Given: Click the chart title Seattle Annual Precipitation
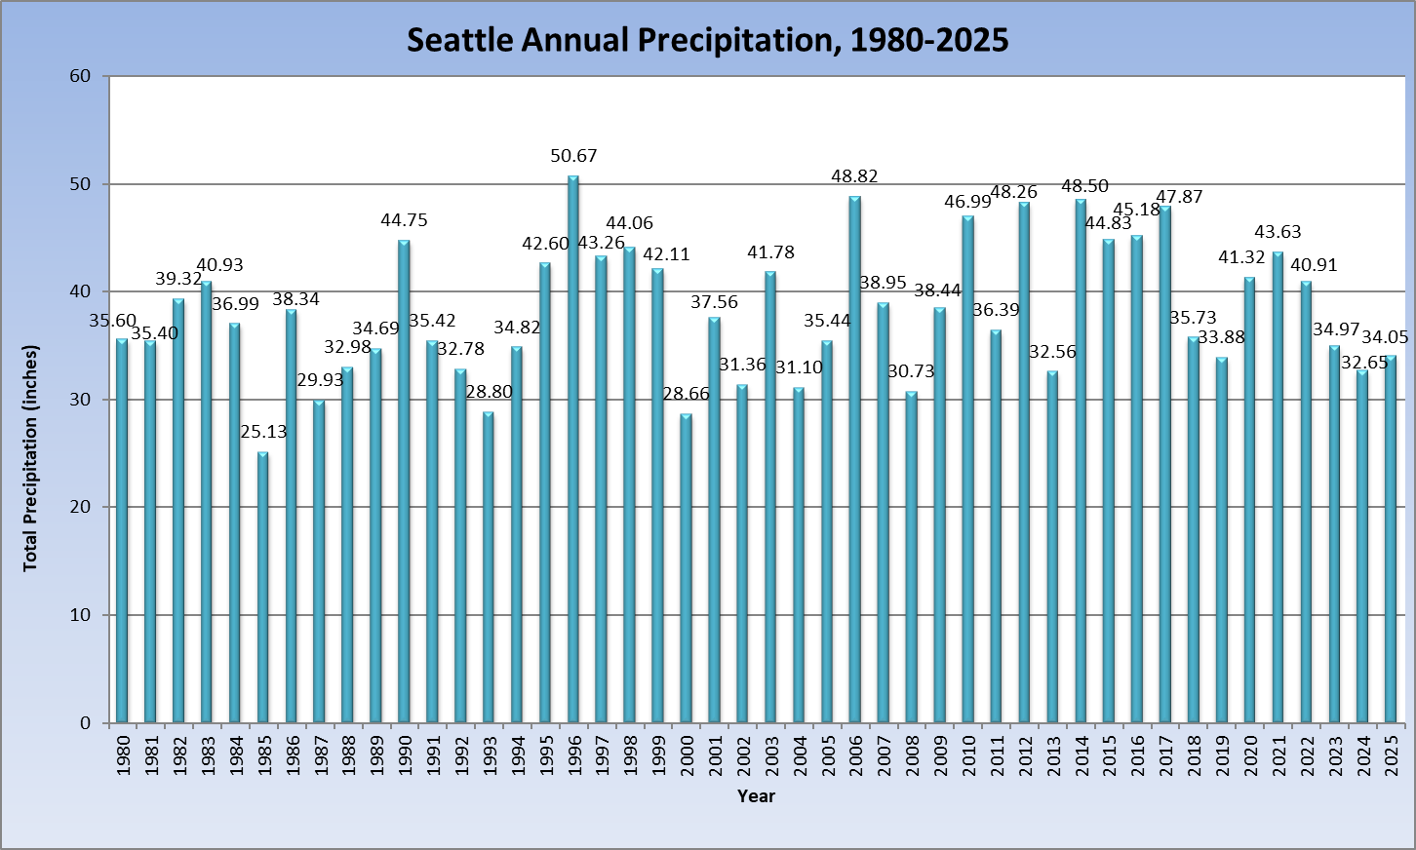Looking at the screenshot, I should click(707, 39).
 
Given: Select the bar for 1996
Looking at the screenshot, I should click(573, 448).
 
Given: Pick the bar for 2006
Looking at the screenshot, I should click(855, 459).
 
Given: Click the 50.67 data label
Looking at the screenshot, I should click(573, 156).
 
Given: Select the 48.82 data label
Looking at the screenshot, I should click(854, 176).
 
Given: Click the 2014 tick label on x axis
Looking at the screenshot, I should click(1082, 755).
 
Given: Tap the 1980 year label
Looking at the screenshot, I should click(122, 755).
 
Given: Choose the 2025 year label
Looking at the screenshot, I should click(1391, 755).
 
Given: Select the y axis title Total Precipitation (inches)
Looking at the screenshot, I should click(31, 458).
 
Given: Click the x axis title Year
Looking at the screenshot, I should click(756, 796).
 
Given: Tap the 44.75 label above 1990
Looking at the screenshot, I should click(404, 220).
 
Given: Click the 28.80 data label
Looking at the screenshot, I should click(489, 392).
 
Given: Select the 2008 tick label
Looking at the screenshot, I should click(912, 755).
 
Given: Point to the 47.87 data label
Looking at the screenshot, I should click(1179, 197).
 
